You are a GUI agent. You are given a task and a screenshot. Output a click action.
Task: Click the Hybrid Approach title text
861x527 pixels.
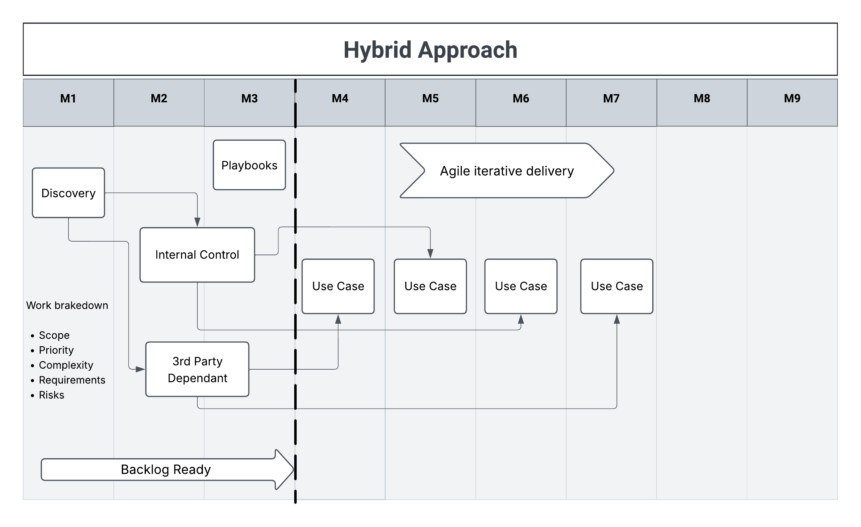430,50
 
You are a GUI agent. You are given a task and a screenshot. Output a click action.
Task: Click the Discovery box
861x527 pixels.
68,193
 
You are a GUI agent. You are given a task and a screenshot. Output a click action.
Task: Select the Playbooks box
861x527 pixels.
249,165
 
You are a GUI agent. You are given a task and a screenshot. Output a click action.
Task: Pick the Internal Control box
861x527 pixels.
197,255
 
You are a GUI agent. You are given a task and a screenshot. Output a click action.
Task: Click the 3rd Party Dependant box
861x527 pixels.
197,369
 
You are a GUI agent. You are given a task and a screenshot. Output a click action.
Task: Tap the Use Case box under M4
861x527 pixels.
338,286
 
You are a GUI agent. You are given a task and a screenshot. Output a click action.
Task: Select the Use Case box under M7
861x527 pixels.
617,286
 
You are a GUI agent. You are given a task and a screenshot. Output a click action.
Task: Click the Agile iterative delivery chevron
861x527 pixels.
507,171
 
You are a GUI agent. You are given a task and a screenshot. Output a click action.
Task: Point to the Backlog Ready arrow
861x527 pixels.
166,469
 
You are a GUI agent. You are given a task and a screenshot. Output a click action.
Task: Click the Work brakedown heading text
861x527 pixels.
67,305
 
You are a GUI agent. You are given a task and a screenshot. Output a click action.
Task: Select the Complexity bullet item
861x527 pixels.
66,365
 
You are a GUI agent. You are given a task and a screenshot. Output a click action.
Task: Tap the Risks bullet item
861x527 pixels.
51,395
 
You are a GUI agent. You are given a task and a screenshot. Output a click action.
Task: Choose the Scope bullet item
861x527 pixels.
54,335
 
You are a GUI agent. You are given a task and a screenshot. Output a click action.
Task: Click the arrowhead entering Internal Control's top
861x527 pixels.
197,222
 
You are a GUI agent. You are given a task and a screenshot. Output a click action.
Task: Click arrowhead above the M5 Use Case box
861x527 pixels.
430,254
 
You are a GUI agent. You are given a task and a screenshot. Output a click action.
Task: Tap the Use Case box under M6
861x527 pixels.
521,286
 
